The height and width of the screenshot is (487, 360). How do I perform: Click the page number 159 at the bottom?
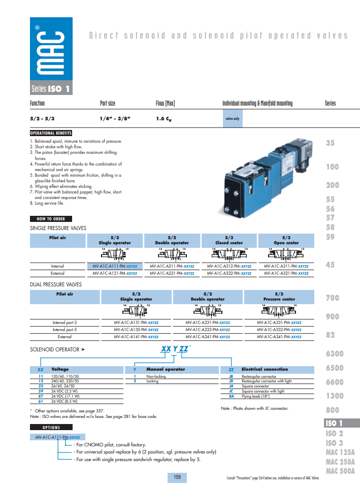[x=177, y=477]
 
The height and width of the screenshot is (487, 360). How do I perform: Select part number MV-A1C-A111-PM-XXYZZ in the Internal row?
[x=115, y=266]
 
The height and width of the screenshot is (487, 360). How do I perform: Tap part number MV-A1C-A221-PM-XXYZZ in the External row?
[x=172, y=273]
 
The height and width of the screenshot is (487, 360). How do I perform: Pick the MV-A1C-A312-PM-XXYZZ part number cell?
[x=229, y=266]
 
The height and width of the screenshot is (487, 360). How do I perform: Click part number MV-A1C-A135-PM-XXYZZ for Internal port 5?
[x=136, y=330]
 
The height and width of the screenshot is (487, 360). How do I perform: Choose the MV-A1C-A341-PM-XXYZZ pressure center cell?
[x=279, y=337]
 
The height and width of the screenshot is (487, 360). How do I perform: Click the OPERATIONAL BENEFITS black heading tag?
[x=51, y=133]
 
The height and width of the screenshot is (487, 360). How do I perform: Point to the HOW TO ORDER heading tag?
[x=51, y=219]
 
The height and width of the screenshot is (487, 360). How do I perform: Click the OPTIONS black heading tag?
[x=51, y=428]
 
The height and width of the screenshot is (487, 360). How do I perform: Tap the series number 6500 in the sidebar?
[x=334, y=368]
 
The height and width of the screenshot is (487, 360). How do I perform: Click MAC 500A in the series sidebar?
[x=340, y=471]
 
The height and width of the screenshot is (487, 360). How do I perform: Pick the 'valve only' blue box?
[x=232, y=119]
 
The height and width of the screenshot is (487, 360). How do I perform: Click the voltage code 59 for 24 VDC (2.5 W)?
[x=41, y=392]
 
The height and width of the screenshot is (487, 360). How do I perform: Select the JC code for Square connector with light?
[x=231, y=392]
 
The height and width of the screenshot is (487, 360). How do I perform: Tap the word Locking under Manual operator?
[x=152, y=381]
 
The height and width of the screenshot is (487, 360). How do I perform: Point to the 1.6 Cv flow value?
[x=165, y=119]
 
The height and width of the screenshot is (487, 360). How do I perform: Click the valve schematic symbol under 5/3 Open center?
[x=286, y=253]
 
